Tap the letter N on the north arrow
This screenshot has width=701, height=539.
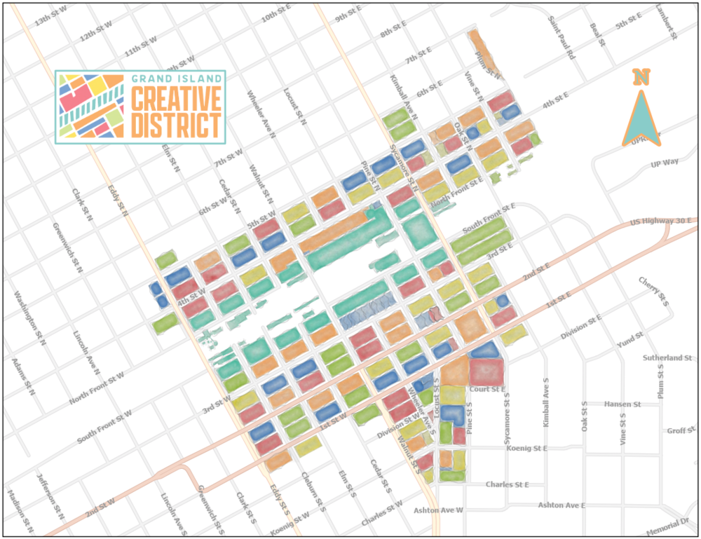click(x=640, y=77)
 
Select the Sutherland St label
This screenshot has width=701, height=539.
click(x=668, y=358)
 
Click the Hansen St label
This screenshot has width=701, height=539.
click(x=622, y=404)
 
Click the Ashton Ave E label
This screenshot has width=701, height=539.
click(x=562, y=505)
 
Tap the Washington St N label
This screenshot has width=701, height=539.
click(x=29, y=319)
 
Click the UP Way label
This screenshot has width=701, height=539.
click(x=665, y=163)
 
